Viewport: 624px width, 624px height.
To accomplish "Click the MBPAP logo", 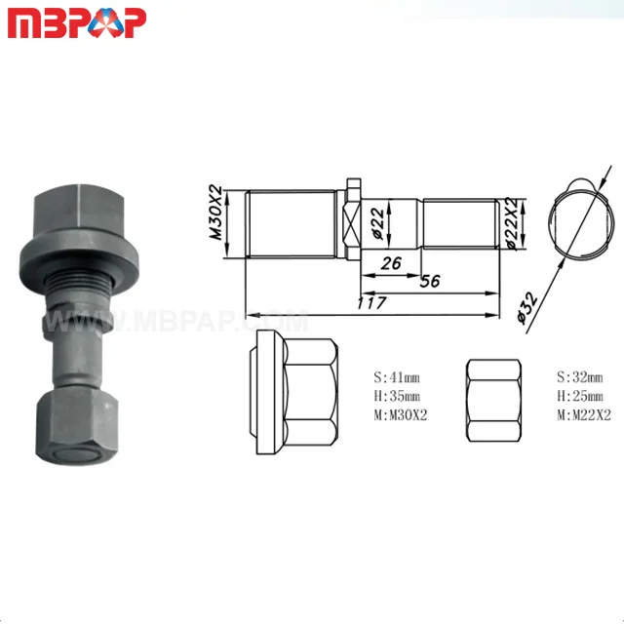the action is (77, 23).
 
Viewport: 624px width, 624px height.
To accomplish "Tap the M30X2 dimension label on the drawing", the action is (216, 213).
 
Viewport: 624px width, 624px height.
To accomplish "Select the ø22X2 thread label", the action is (513, 223).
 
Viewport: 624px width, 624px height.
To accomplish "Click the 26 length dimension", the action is (392, 263).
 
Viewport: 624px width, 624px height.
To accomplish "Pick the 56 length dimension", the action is (430, 282).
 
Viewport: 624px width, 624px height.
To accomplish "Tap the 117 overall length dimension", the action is (371, 303).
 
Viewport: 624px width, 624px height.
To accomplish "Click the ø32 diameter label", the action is (527, 308).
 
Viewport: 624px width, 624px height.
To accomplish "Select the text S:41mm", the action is (397, 377).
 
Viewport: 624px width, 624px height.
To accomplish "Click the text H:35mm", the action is (397, 396).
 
